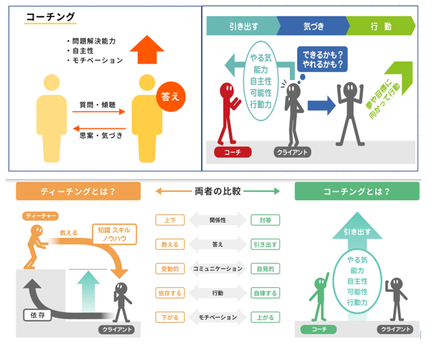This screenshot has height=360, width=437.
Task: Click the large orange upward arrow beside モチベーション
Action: tap(147, 49)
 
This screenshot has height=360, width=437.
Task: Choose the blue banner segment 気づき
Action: tap(314, 26)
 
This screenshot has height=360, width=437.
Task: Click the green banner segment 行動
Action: tap(380, 26)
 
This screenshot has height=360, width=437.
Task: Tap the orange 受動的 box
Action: tap(169, 269)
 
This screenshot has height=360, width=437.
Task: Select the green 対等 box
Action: tap(265, 221)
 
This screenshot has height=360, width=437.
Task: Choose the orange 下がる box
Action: tap(169, 317)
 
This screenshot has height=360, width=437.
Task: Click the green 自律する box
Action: tap(265, 293)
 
